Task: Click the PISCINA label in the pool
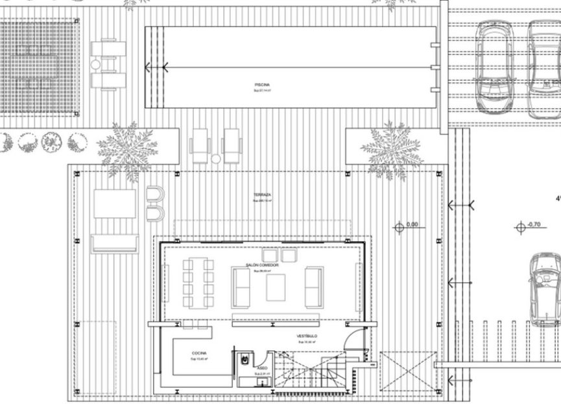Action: [x=262, y=85]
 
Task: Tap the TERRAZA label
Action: [x=262, y=195]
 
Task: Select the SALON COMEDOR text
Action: [x=262, y=266]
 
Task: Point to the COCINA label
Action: [x=198, y=353]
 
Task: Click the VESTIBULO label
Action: [x=307, y=336]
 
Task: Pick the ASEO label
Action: [x=262, y=366]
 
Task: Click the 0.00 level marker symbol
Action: [x=400, y=228]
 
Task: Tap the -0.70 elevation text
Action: [x=534, y=224]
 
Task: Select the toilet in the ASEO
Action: [x=245, y=358]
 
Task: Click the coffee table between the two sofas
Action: [x=276, y=287]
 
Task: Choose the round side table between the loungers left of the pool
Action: [x=96, y=64]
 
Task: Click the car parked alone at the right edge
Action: [x=544, y=289]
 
